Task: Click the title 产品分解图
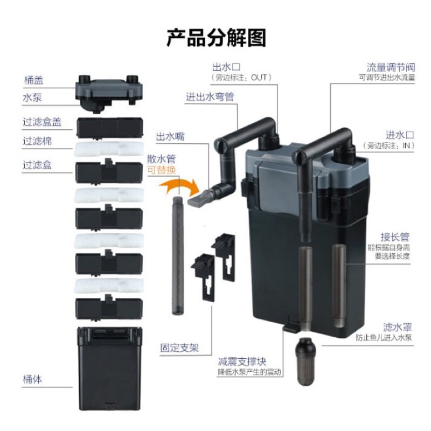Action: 215,39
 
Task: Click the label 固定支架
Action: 179,347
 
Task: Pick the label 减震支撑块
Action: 242,361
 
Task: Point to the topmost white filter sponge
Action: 110,148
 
